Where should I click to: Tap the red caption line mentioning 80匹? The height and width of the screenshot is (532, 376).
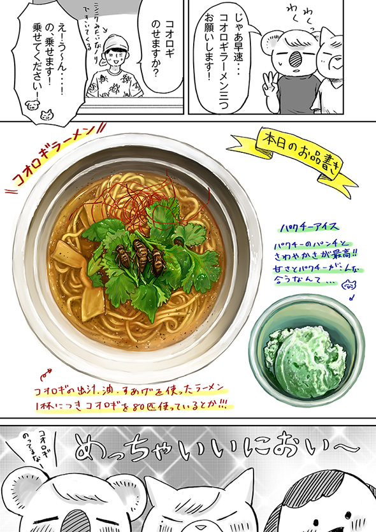(x=134, y=404)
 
